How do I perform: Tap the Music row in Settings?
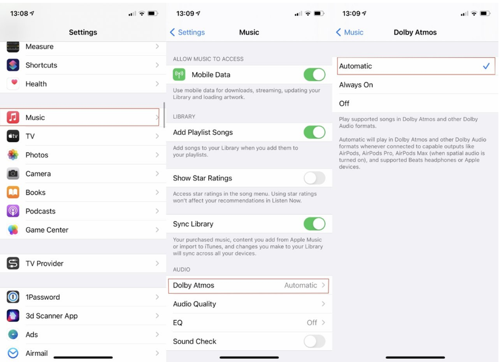(x=83, y=118)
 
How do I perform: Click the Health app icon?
(x=13, y=84)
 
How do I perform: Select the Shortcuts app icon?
(x=13, y=65)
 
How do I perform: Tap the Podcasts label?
(x=41, y=211)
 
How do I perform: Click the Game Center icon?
(x=13, y=230)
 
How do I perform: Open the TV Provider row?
(x=83, y=263)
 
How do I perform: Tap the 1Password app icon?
(x=13, y=297)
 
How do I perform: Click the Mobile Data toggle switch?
(x=314, y=74)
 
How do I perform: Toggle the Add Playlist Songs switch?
(x=314, y=132)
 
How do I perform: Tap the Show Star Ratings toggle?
(x=314, y=178)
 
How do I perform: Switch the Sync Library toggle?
(x=314, y=224)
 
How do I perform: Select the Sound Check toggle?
(x=314, y=341)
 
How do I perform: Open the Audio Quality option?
(x=249, y=304)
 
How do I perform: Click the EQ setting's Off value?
(x=312, y=323)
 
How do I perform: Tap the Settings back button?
(x=187, y=32)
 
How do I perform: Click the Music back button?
(x=349, y=32)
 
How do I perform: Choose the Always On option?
(x=356, y=85)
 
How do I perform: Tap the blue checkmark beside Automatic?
(x=486, y=66)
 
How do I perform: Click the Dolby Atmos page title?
(x=415, y=32)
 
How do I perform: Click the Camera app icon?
(x=13, y=174)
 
